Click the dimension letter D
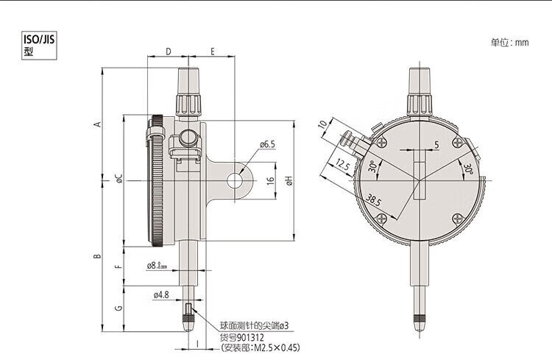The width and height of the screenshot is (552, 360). pyautogui.click(x=168, y=52)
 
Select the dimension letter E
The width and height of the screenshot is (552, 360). pyautogui.click(x=212, y=52)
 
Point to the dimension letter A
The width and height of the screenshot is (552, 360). pyautogui.click(x=96, y=124)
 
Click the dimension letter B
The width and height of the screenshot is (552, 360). pyautogui.click(x=96, y=256)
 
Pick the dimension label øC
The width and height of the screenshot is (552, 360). pyautogui.click(x=118, y=178)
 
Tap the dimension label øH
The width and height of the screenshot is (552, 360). pyautogui.click(x=289, y=179)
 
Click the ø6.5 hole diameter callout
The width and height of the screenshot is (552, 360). pyautogui.click(x=267, y=144)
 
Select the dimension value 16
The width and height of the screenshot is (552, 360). pyautogui.click(x=270, y=179)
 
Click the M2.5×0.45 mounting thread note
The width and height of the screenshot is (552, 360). pyautogui.click(x=261, y=347)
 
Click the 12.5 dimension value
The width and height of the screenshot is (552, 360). pyautogui.click(x=341, y=163)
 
